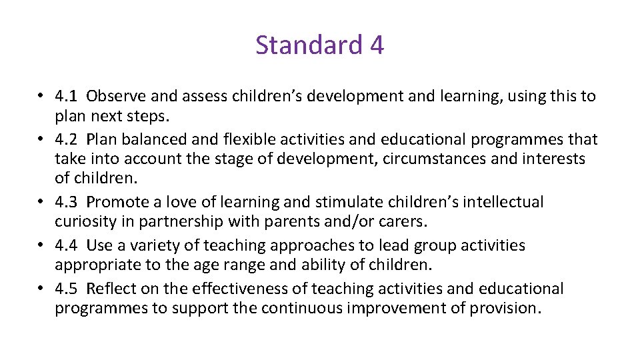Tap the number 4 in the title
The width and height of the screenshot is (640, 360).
coord(376,45)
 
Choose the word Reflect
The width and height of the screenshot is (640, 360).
coord(110,289)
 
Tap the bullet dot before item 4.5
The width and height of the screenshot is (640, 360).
coord(41,289)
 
